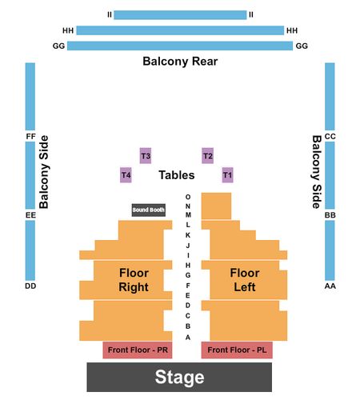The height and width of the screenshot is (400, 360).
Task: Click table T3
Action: point(146,156)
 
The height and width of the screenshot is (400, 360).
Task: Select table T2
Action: point(208,156)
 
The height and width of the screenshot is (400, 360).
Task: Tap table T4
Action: point(126,175)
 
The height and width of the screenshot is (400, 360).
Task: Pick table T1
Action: point(227,175)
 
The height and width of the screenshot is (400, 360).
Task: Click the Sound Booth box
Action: point(149,210)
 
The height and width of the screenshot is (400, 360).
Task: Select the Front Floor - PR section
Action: point(138,350)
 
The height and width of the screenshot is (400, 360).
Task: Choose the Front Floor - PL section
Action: point(237,350)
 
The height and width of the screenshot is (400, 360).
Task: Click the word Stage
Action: point(179,377)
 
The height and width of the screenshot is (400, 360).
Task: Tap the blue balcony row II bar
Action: point(180,15)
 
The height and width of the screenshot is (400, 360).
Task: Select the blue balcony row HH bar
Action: point(180,30)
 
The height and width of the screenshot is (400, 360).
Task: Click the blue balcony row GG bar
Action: point(180,46)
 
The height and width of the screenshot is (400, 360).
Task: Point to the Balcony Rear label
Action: point(180,62)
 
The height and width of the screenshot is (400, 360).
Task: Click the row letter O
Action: point(188,197)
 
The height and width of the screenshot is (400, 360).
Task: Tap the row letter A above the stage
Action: point(188,338)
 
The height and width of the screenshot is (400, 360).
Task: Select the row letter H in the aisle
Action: point(188,266)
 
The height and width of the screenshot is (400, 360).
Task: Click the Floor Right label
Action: point(134,280)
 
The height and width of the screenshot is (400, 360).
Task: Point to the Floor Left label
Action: point(245,280)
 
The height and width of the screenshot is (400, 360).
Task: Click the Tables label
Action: point(177,175)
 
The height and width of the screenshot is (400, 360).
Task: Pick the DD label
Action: point(30,286)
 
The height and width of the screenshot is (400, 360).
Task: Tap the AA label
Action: point(330,286)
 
